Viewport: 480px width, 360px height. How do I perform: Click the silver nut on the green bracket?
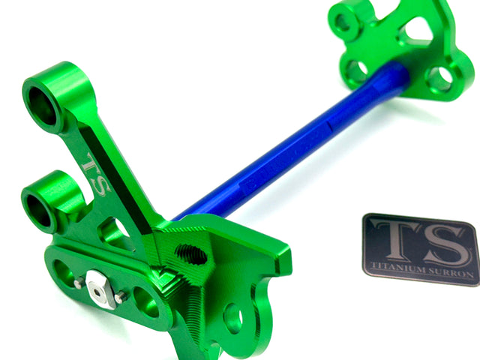99,288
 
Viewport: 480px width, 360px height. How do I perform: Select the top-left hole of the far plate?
343,22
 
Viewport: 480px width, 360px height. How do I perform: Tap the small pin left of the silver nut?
79,283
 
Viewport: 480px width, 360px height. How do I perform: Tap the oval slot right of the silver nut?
146,304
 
